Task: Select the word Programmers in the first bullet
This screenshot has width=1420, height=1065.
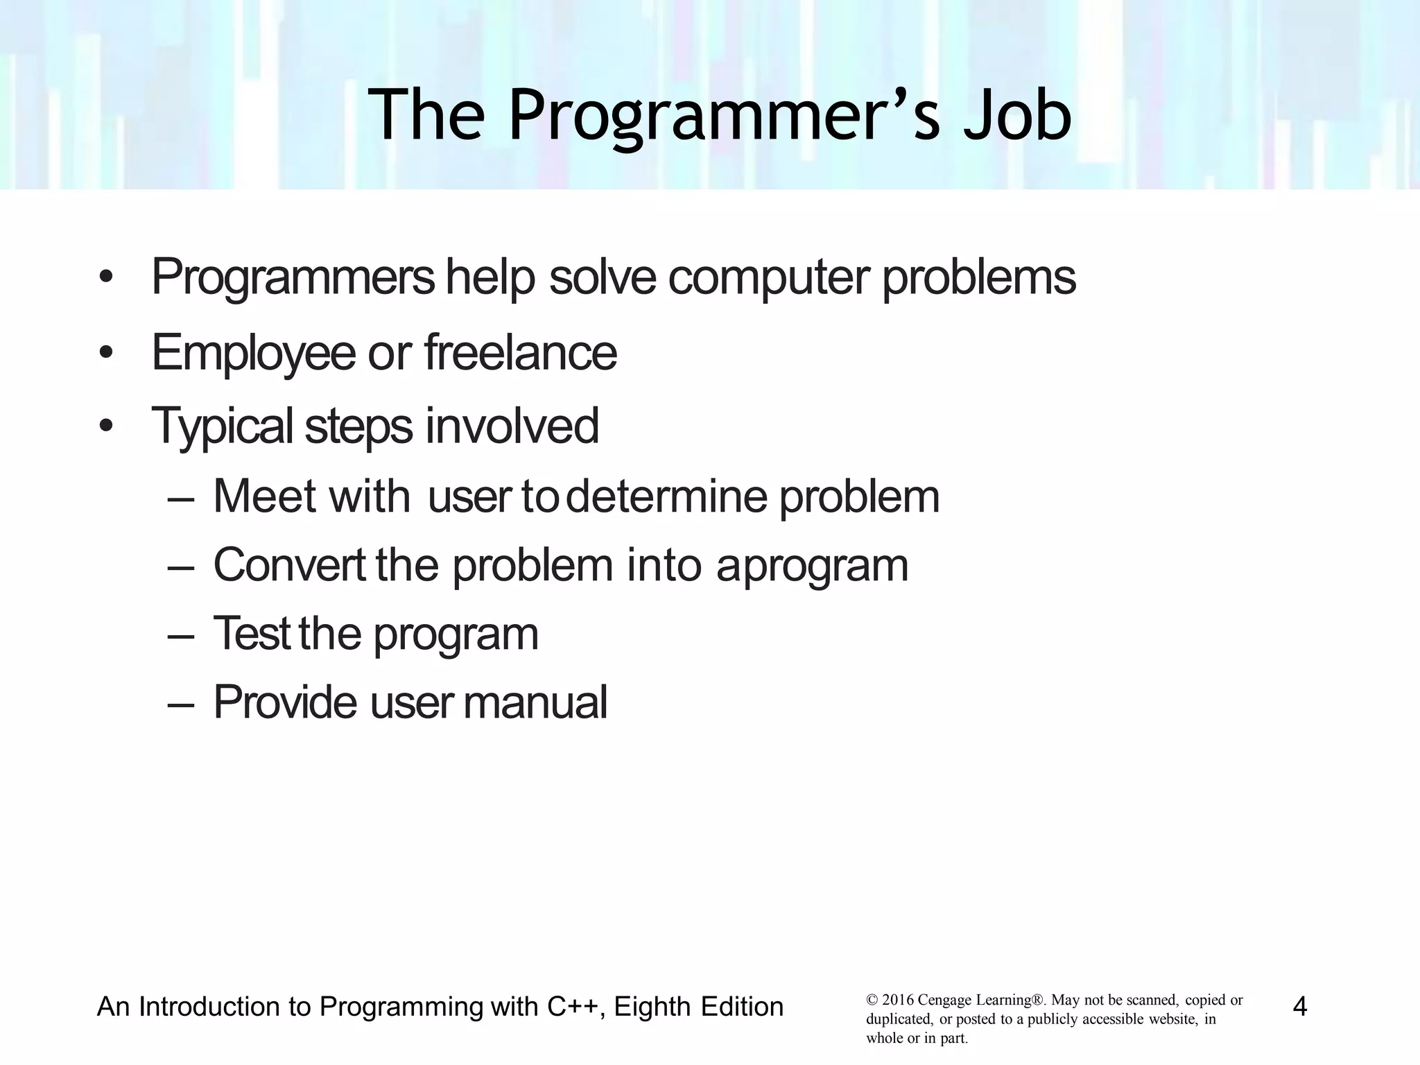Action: point(293,277)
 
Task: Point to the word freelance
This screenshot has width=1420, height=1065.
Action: point(520,352)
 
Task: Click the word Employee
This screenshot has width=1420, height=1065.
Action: point(253,354)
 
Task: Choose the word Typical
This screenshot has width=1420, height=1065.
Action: point(222,426)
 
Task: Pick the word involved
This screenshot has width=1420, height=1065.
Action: point(512,426)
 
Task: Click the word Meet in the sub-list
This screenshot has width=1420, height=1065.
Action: point(263,496)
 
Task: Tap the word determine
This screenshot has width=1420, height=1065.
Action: point(666,496)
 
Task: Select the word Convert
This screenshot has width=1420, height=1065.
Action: point(288,565)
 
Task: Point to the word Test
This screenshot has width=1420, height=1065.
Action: point(251,634)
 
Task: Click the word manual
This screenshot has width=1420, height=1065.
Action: point(535,702)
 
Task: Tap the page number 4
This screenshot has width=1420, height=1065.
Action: point(1300,1006)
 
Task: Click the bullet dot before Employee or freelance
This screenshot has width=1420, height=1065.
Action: point(105,354)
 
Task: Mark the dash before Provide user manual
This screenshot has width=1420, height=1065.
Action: point(181,703)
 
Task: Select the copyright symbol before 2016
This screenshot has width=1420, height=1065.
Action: point(872,1001)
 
